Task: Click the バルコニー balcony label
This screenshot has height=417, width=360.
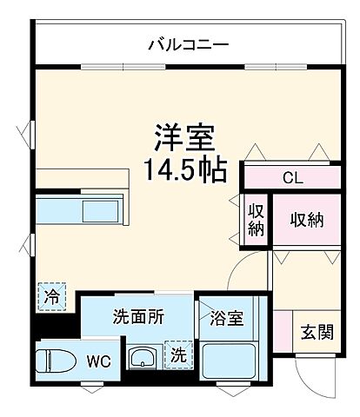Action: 188,43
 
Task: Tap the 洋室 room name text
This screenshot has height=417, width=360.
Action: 184,137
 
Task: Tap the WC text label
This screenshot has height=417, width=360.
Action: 100,358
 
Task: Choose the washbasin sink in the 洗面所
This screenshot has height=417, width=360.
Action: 141,357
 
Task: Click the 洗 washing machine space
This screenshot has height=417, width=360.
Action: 177,354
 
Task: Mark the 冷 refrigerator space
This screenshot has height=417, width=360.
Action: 50,298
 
